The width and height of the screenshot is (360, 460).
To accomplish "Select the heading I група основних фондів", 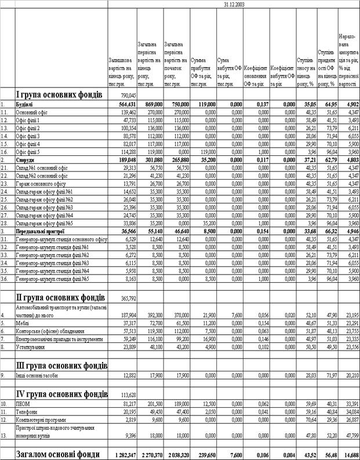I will point(59,94).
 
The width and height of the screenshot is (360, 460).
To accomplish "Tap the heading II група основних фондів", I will point(60,298).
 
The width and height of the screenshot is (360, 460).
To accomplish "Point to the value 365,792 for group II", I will point(128,298).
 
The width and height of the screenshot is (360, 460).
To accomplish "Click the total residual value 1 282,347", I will point(123,452).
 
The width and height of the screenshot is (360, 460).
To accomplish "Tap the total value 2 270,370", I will point(150,452).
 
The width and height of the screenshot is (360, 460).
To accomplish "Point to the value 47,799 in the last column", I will point(347,435).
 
